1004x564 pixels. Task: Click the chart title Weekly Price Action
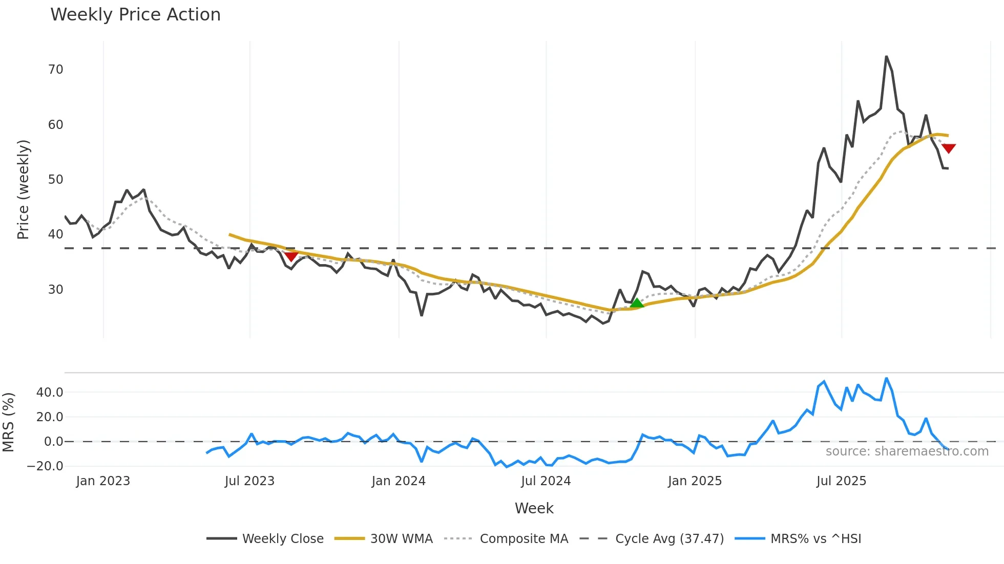coord(135,15)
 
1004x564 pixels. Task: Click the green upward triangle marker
coord(637,303)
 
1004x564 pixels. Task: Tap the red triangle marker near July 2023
coord(291,256)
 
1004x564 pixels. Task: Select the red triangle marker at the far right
coord(948,148)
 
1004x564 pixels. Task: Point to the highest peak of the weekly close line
coord(886,57)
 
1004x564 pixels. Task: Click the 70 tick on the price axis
coord(56,70)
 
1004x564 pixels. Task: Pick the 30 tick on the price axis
coord(56,290)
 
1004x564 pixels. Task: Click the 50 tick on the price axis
coord(56,180)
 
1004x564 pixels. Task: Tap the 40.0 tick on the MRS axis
coord(50,393)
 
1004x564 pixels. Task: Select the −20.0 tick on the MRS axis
coord(46,466)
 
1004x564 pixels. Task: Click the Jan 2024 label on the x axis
coord(399,481)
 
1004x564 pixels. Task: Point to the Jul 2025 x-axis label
coord(841,481)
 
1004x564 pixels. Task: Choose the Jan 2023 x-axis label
coord(103,481)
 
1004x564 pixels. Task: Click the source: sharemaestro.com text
coord(907,451)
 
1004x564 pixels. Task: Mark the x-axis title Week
coord(534,508)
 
